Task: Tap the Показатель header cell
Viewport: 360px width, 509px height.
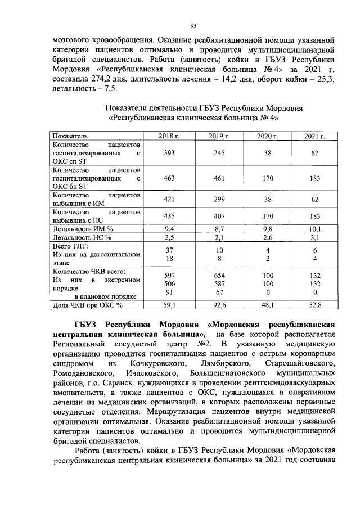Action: point(69,136)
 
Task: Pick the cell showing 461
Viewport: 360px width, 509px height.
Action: point(220,177)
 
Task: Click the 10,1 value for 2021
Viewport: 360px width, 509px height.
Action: point(316,229)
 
